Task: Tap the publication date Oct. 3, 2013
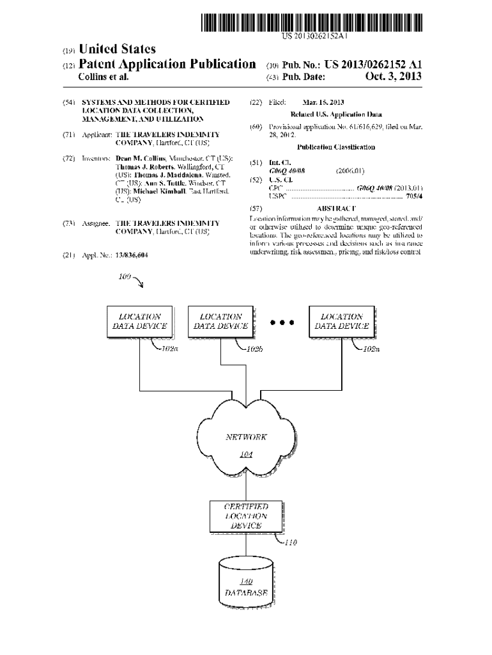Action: (393, 77)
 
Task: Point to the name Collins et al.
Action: (103, 77)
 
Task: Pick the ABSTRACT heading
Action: (336, 209)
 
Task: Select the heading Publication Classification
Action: (335, 147)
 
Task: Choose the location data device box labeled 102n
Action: (341, 321)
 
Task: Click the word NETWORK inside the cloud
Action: (246, 438)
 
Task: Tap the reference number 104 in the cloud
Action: (246, 455)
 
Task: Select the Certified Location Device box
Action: (246, 516)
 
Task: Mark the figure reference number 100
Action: (125, 277)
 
